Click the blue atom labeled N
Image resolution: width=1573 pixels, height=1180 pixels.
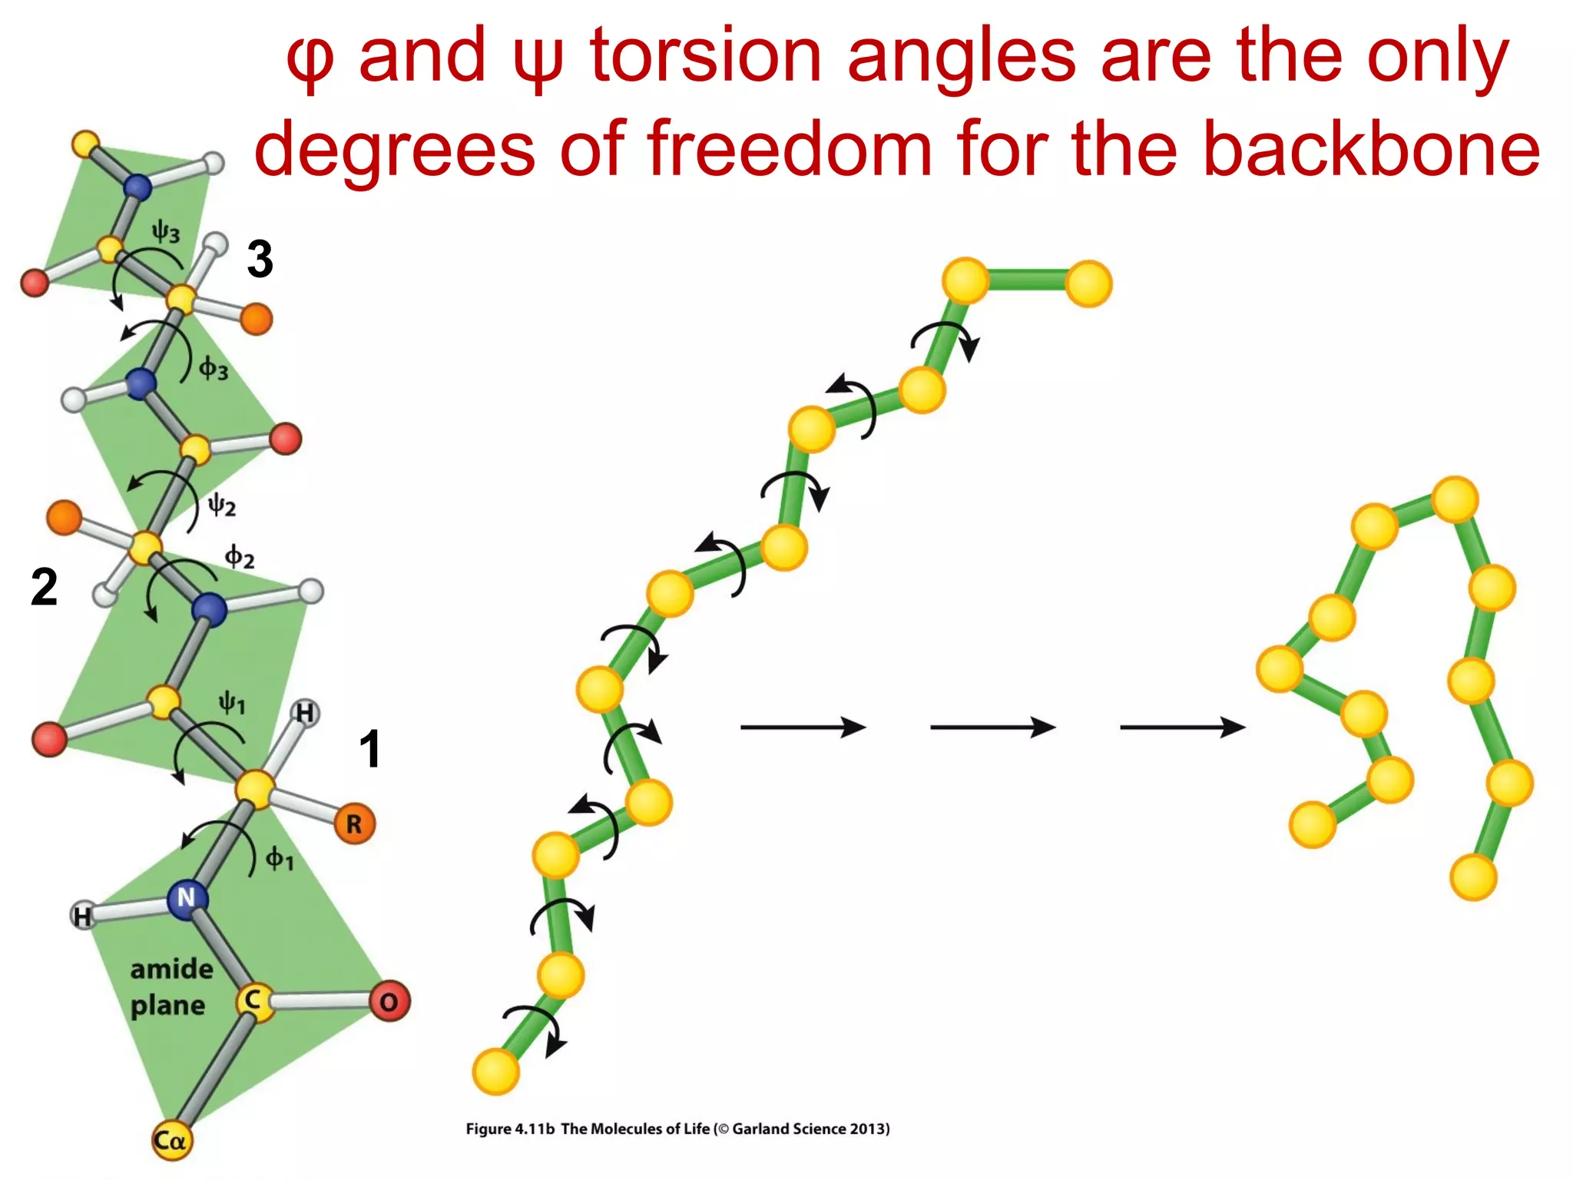coord(187,897)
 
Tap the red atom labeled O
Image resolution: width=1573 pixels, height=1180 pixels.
coord(389,1001)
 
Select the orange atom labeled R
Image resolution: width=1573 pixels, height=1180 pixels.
coord(354,824)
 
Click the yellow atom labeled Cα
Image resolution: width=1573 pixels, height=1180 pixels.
coord(171,1140)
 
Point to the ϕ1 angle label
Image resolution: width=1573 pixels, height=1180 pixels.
coord(280,858)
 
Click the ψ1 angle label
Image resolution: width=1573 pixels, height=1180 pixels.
coord(232,702)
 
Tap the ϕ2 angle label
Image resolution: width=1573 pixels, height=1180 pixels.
coord(240,557)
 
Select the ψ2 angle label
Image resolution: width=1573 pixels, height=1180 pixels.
coord(222,505)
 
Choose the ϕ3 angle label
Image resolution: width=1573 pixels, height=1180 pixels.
coord(214,370)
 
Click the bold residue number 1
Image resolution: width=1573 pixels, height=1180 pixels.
coord(369,749)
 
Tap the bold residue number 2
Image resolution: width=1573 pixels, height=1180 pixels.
coord(44,587)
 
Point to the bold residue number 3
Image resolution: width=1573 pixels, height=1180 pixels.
coord(260,259)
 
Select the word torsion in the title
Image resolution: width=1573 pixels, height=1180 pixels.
coord(706,55)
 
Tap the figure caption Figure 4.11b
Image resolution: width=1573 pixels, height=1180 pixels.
coord(510,1129)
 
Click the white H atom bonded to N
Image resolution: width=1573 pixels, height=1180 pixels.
coord(82,915)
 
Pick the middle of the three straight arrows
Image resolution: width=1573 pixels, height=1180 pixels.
coord(992,727)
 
